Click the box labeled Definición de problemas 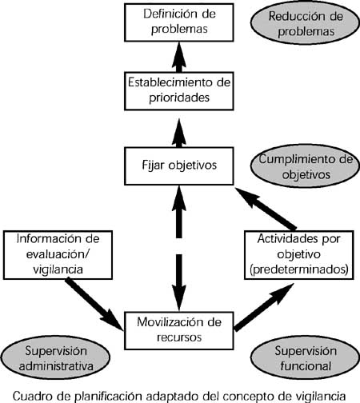179,22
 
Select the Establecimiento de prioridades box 179,91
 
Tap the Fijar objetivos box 179,166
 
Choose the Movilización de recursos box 179,330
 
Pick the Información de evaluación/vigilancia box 58,255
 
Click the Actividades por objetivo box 299,255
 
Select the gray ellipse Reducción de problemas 306,23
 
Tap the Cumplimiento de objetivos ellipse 306,166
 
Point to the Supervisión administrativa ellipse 55,357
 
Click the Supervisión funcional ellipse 306,357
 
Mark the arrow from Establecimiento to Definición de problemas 179,57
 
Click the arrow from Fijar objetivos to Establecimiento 179,133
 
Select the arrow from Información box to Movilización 94,304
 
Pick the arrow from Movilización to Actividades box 264,307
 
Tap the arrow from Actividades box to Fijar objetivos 266,209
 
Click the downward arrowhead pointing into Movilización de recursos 179,297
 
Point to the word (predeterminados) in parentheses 299,269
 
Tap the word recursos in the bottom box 179,337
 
